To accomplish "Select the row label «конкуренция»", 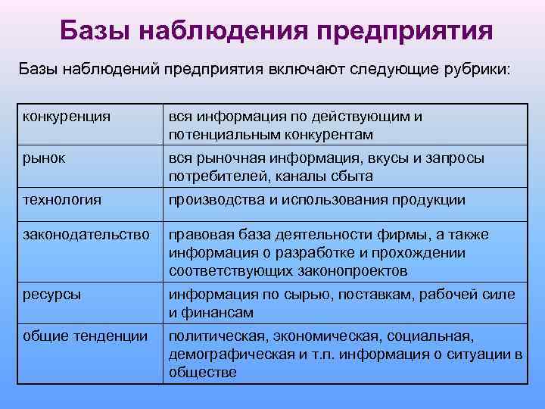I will (67, 117).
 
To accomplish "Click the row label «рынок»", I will (44, 159).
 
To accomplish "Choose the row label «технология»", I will (62, 200).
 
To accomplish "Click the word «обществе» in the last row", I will (202, 372).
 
